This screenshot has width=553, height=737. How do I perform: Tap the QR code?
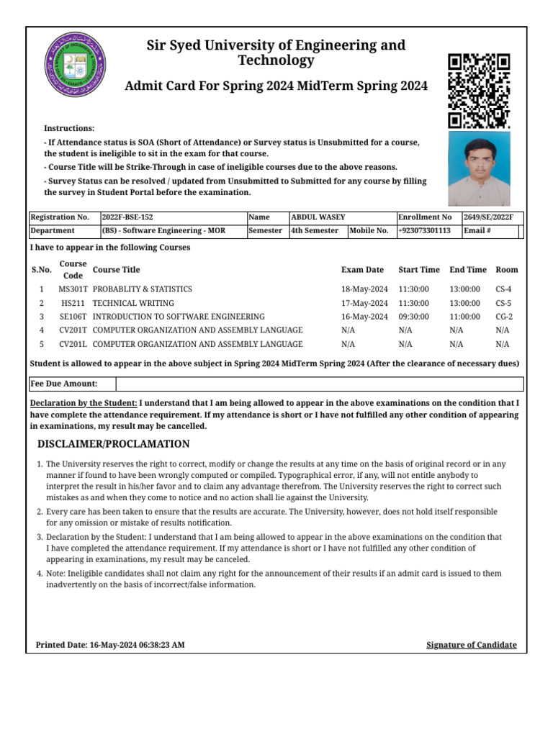tap(479, 90)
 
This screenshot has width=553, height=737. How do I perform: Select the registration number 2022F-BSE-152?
tap(127, 217)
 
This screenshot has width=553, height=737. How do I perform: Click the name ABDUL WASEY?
tap(318, 217)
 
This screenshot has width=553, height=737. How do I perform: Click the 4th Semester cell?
tap(314, 230)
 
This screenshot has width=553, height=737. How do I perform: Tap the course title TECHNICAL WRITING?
tap(133, 303)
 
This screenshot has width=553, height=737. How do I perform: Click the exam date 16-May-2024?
tap(364, 317)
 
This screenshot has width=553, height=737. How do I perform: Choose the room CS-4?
tap(503, 289)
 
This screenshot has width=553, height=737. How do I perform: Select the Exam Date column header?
tap(362, 270)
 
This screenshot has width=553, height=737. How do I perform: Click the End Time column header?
tap(467, 270)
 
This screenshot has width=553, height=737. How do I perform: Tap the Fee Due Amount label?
tap(64, 384)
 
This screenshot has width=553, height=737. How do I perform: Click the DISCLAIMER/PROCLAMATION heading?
tap(113, 444)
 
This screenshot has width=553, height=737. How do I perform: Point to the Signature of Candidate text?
tap(471, 645)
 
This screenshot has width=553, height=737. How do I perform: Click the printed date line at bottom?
tap(110, 645)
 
